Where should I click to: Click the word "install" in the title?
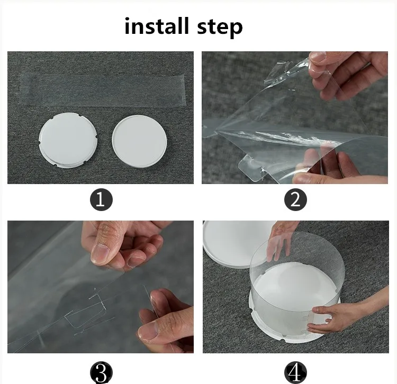pyautogui.click(x=157, y=26)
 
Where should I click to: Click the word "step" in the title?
pyautogui.click(x=220, y=28)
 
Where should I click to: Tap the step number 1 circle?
pyautogui.click(x=101, y=200)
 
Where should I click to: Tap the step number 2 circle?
pyautogui.click(x=295, y=200)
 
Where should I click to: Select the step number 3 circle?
pyautogui.click(x=101, y=372)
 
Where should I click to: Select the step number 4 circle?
pyautogui.click(x=295, y=372)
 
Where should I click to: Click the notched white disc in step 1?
pyautogui.click(x=68, y=140)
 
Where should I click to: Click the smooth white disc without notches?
pyautogui.click(x=139, y=141)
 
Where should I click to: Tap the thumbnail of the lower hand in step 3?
pyautogui.click(x=148, y=332)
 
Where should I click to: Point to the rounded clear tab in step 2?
pyautogui.click(x=249, y=168)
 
